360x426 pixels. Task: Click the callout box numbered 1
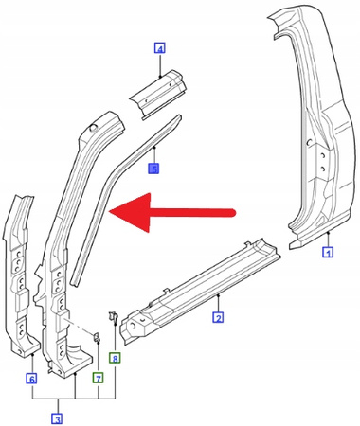[x=328, y=253]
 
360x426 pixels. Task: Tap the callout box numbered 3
[x=57, y=418]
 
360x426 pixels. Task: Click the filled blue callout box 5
[x=154, y=168]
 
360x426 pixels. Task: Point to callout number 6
[x=31, y=379]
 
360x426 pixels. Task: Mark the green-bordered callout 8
[x=115, y=358]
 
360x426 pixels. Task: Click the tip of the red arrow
[x=112, y=210]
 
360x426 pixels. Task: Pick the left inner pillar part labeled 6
[x=24, y=275]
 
